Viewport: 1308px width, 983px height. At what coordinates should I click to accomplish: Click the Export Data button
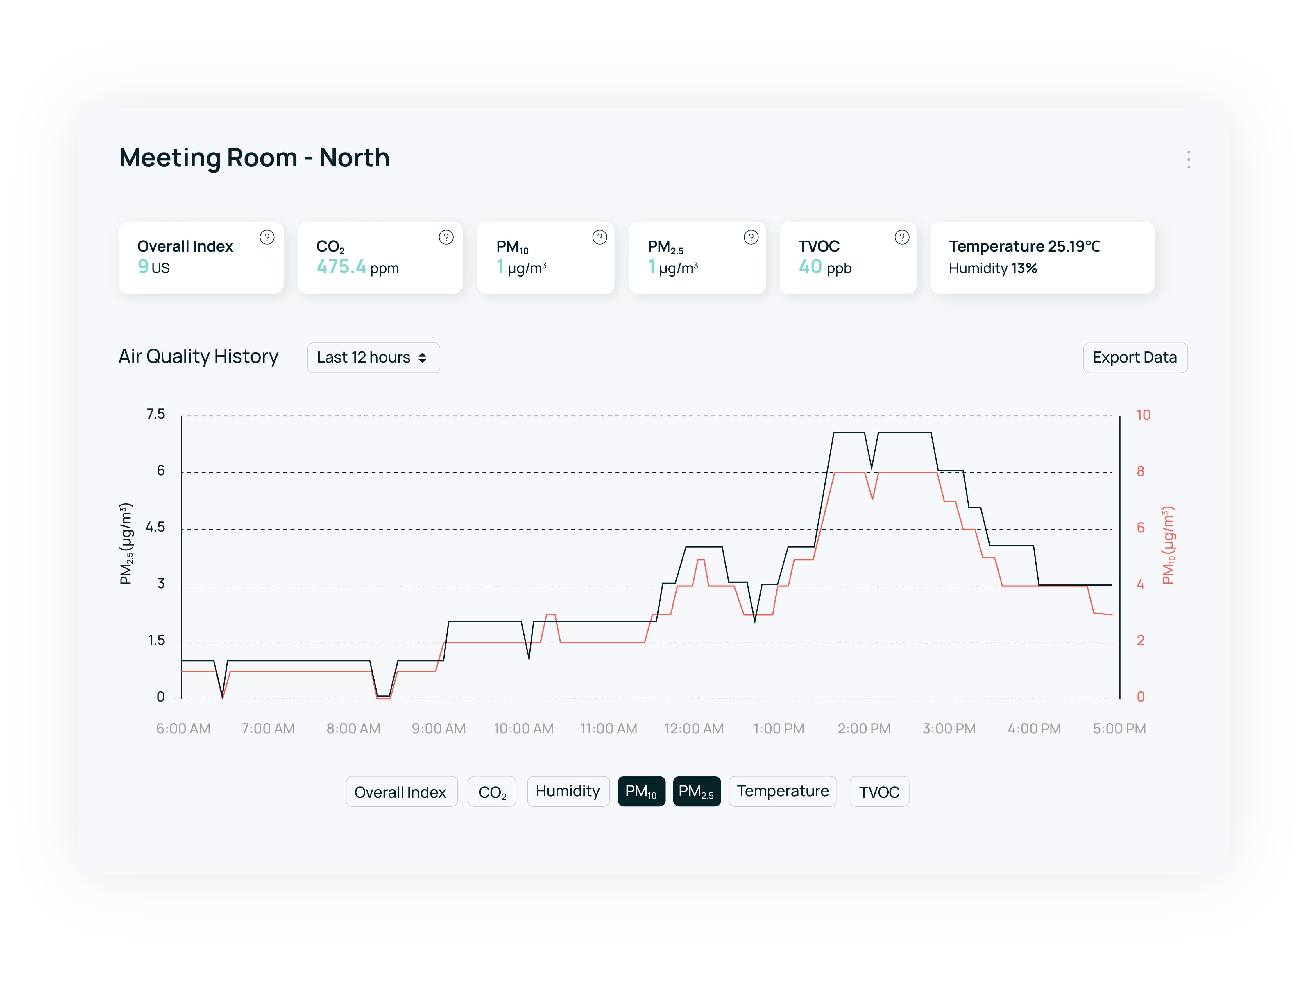click(1134, 358)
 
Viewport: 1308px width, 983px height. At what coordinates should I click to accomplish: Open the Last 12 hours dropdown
click(373, 358)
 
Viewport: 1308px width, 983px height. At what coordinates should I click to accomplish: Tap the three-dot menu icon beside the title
click(1188, 159)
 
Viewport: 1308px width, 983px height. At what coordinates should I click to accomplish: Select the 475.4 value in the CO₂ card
click(341, 267)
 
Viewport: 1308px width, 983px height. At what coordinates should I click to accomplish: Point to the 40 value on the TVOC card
click(810, 267)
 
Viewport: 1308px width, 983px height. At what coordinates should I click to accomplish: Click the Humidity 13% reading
click(993, 268)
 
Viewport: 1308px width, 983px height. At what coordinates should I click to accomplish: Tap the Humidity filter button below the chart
click(568, 791)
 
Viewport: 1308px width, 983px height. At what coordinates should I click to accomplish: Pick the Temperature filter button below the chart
click(782, 791)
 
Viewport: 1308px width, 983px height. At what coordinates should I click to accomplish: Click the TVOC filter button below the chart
click(879, 792)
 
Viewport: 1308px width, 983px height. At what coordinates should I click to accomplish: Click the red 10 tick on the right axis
click(1143, 415)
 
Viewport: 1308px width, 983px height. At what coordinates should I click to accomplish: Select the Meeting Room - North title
click(254, 158)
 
